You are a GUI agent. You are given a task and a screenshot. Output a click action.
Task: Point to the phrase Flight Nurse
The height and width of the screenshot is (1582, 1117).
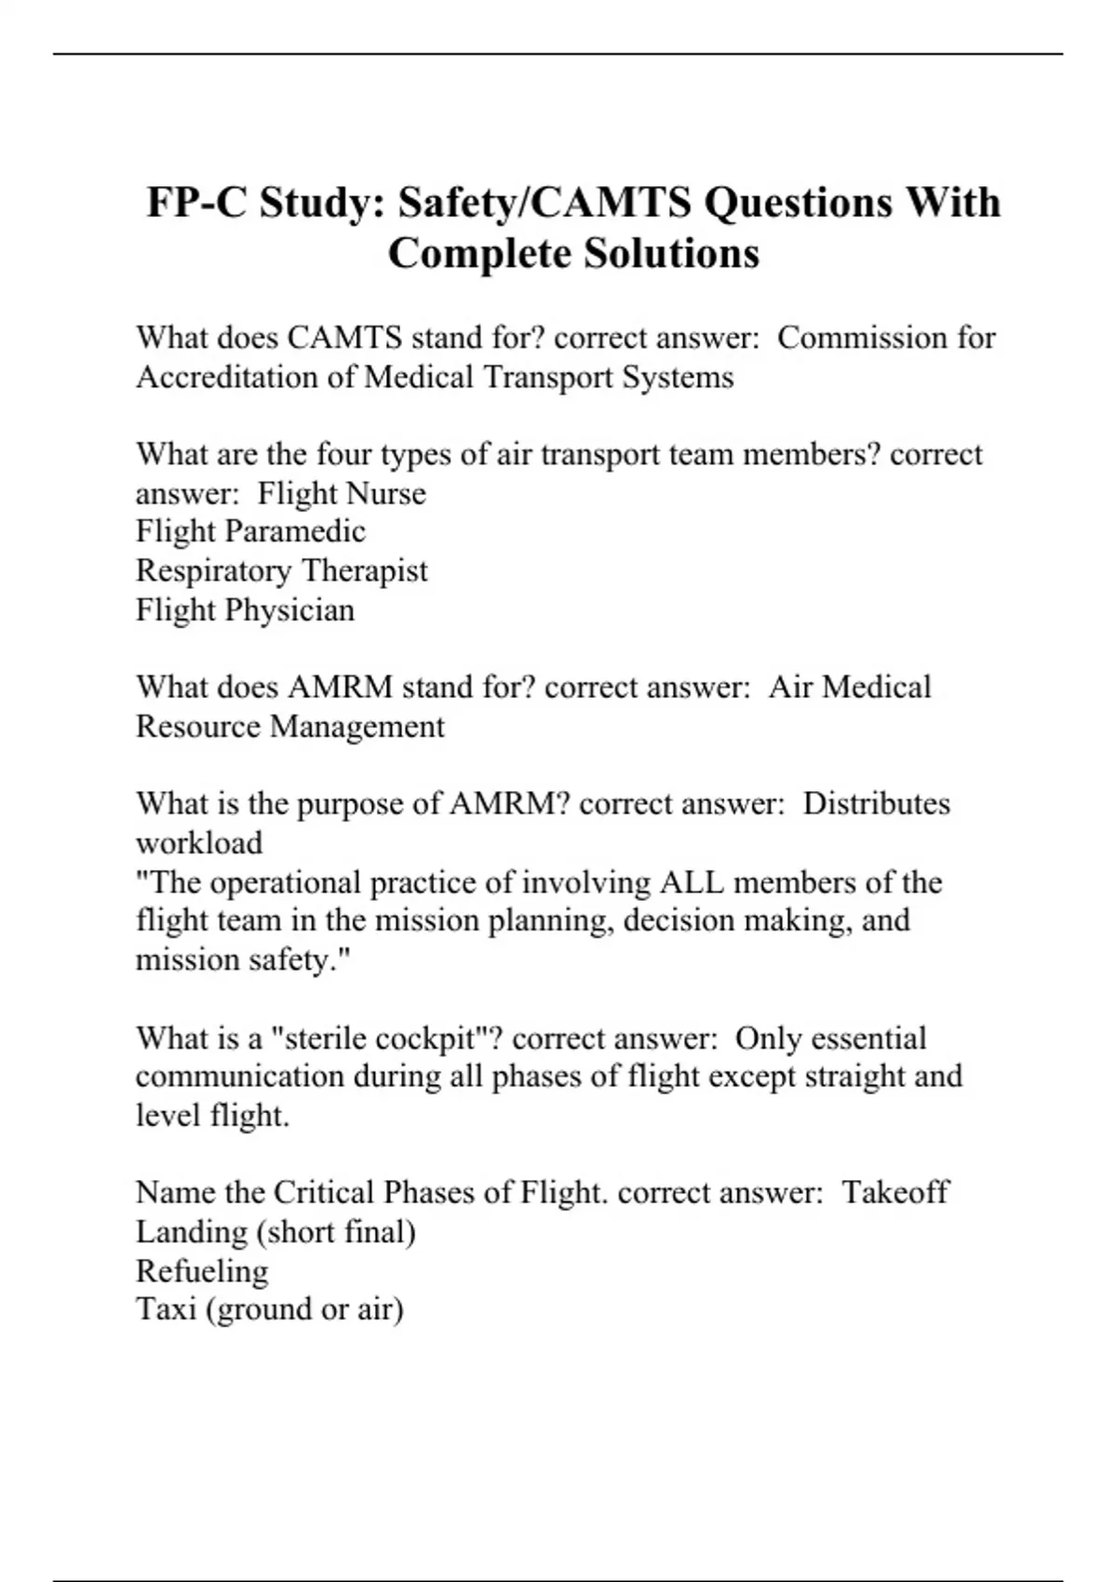tap(342, 492)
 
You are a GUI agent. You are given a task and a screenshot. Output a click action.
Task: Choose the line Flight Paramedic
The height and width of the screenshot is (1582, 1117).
tap(250, 531)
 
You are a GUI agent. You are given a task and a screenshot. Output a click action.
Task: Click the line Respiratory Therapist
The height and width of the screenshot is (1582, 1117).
tap(281, 570)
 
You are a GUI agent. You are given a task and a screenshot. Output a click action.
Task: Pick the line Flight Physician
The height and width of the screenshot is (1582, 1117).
tap(245, 610)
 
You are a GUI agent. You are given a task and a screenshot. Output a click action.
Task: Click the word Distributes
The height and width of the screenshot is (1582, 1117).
tap(876, 803)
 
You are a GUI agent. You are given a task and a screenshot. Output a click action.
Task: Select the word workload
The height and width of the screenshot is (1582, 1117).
tap(199, 842)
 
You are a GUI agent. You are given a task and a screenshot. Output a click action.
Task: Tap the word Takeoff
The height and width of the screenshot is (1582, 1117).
tap(895, 1192)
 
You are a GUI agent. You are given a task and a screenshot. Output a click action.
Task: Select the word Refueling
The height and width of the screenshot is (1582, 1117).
tap(202, 1270)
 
